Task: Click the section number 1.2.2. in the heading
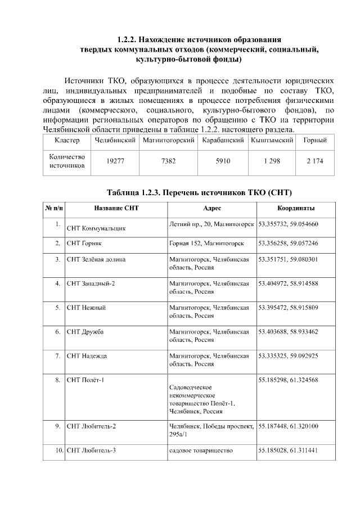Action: point(127,40)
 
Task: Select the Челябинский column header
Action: point(115,139)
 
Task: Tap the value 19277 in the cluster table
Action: point(115,161)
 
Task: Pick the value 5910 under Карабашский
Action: point(223,161)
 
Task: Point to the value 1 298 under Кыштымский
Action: point(272,161)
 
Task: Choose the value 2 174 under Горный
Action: point(315,161)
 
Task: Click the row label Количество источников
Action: point(67,161)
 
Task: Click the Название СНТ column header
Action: point(116,208)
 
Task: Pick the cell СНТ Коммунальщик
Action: point(96,229)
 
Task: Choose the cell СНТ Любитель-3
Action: point(91,451)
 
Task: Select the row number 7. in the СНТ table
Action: point(57,356)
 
